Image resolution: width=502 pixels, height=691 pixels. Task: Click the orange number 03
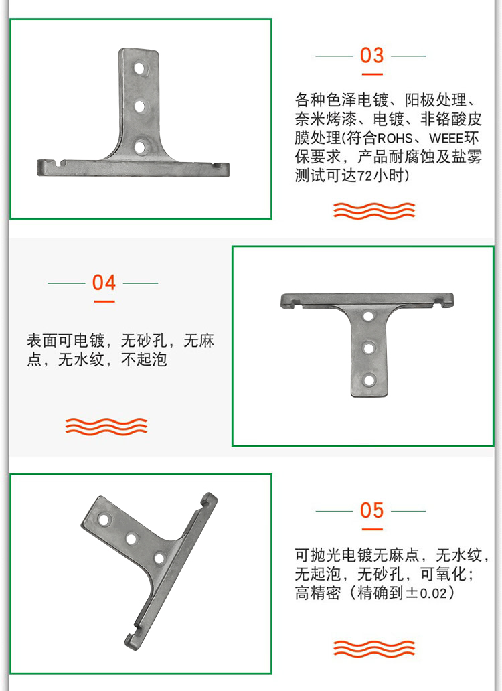pyautogui.click(x=371, y=56)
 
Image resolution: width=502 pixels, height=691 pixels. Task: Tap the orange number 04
pyautogui.click(x=104, y=283)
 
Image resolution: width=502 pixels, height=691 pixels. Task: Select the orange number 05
pyautogui.click(x=371, y=510)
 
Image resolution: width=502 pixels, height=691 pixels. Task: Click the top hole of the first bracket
pyautogui.click(x=139, y=69)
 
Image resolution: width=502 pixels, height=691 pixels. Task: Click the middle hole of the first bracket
pyautogui.click(x=140, y=106)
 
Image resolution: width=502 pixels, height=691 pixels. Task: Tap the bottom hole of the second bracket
pyautogui.click(x=369, y=380)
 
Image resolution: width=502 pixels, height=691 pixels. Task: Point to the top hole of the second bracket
pyautogui.click(x=368, y=316)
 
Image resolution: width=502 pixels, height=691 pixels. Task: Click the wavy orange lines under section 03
pyautogui.click(x=374, y=211)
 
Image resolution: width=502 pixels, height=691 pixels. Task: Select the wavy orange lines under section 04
pyautogui.click(x=106, y=426)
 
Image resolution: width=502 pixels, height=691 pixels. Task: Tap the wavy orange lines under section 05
pyautogui.click(x=374, y=649)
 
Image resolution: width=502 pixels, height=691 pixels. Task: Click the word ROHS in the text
pyautogui.click(x=395, y=139)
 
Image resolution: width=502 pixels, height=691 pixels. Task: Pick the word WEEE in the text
pyautogui.click(x=447, y=139)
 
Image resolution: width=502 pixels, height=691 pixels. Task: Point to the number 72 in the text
pyautogui.click(x=365, y=176)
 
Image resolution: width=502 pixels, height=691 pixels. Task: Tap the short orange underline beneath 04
pyautogui.click(x=104, y=302)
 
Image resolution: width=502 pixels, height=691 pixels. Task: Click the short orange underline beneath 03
pyautogui.click(x=372, y=74)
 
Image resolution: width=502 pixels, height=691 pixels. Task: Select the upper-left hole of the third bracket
pyautogui.click(x=104, y=519)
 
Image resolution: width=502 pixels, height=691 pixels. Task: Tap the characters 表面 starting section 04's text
pyautogui.click(x=42, y=341)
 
